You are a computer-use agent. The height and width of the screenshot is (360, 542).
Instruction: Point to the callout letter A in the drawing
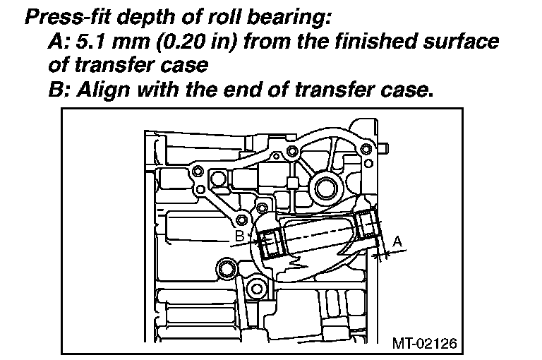[x=397, y=241]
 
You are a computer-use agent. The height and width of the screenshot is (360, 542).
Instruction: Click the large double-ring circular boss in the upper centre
[x=327, y=188]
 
